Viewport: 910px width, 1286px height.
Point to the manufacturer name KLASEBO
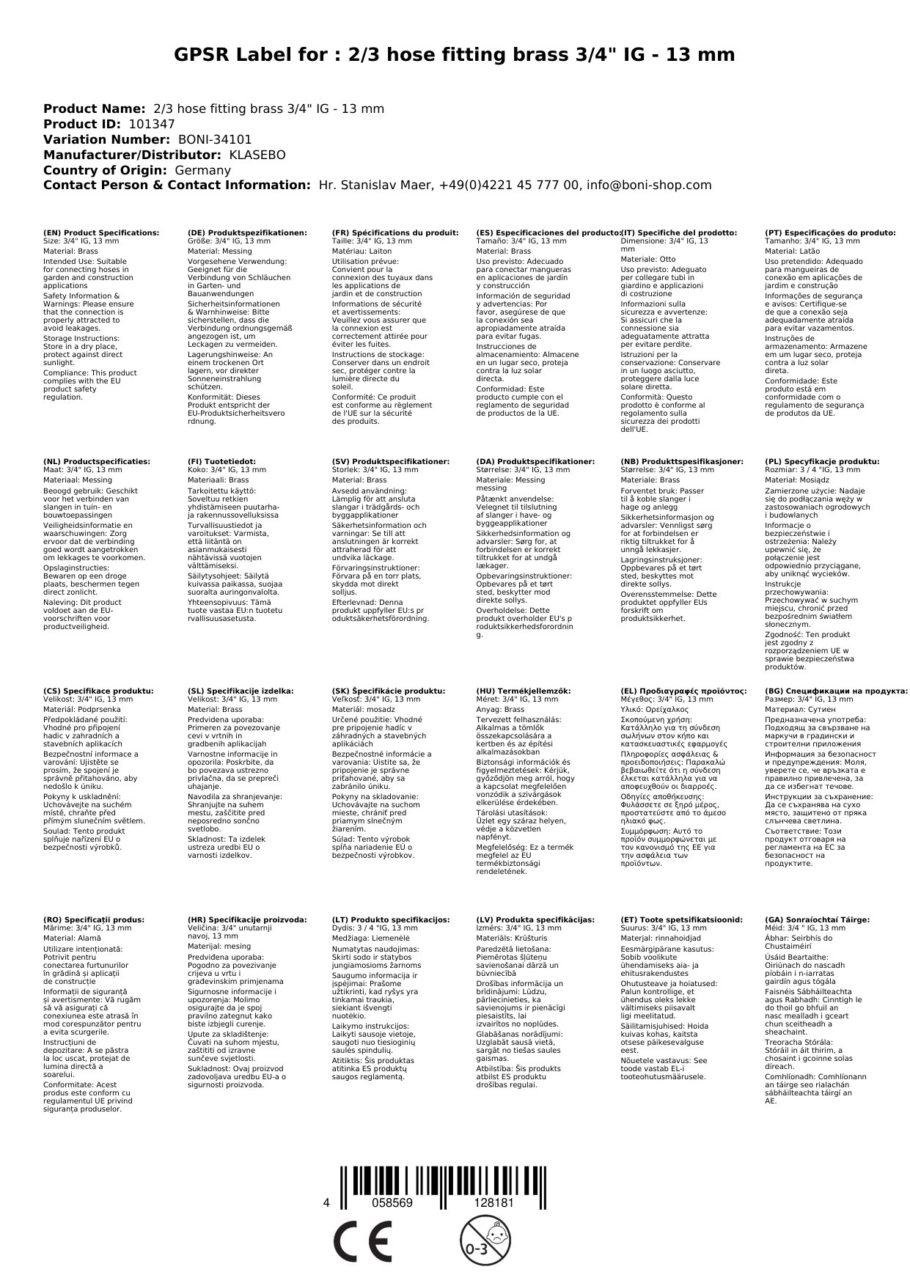(x=257, y=155)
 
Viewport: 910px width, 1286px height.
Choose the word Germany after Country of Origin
(x=203, y=171)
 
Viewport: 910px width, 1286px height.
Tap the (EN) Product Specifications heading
(x=101, y=233)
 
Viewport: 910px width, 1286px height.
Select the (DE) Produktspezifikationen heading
(x=247, y=233)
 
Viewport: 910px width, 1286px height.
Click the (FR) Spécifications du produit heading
(x=395, y=233)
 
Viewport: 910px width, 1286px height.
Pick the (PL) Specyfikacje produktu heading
(x=822, y=462)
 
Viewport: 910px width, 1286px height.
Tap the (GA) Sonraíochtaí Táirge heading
(x=817, y=919)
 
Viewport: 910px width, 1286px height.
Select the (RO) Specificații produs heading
(x=94, y=919)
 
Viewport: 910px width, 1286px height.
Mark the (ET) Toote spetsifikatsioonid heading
(x=681, y=919)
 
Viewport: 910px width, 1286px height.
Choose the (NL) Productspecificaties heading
(x=97, y=462)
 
